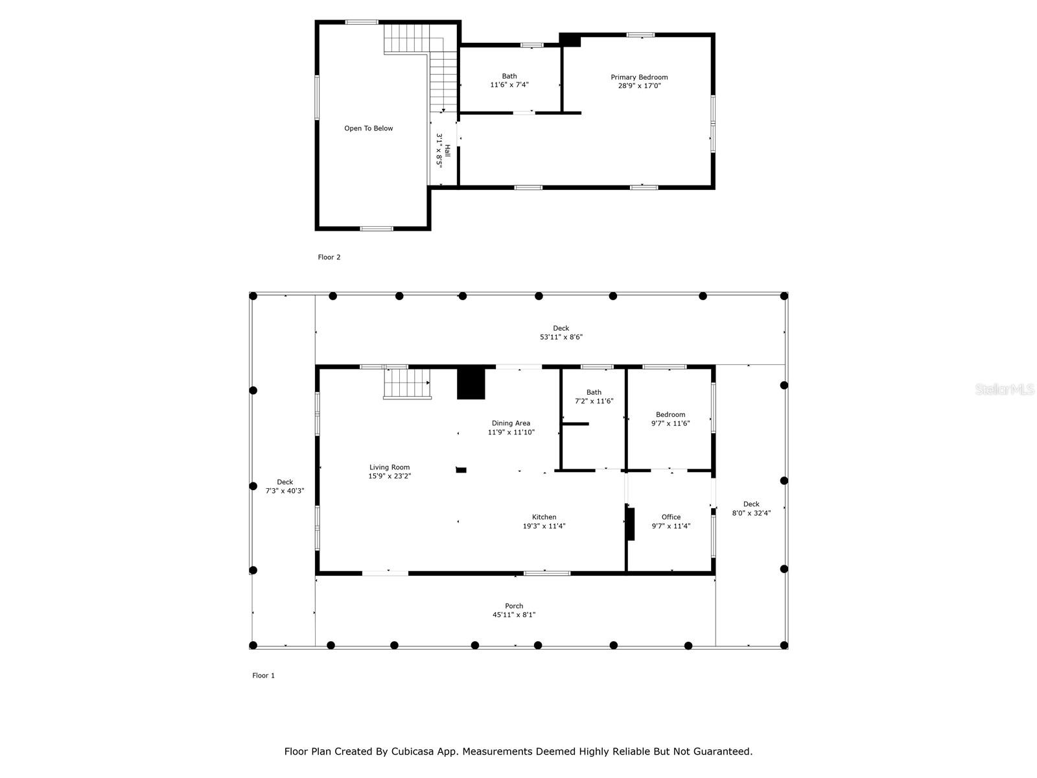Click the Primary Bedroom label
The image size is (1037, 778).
pos(639,77)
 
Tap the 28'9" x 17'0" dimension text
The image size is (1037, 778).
pos(639,86)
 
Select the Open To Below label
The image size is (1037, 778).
pos(369,128)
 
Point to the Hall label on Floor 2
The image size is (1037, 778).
pos(447,150)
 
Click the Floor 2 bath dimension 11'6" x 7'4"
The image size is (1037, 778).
pos(509,84)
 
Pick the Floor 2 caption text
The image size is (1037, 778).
pos(329,257)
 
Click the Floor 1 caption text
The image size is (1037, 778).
pos(263,676)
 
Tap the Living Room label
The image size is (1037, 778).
pos(390,467)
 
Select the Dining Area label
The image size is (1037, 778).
pos(511,423)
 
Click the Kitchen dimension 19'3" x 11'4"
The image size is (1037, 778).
pos(544,526)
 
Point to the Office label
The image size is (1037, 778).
pos(671,517)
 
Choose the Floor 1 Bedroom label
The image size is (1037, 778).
pos(670,414)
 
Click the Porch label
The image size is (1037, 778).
pos(514,606)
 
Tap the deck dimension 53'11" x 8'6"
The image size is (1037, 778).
pos(561,336)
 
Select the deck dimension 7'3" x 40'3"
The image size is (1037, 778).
pos(285,490)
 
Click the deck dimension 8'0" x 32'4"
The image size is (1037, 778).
pos(751,513)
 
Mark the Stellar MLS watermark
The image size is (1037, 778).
pos(1005,389)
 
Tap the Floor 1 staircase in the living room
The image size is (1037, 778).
pos(407,383)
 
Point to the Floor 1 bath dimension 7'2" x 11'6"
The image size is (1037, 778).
pos(594,401)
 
